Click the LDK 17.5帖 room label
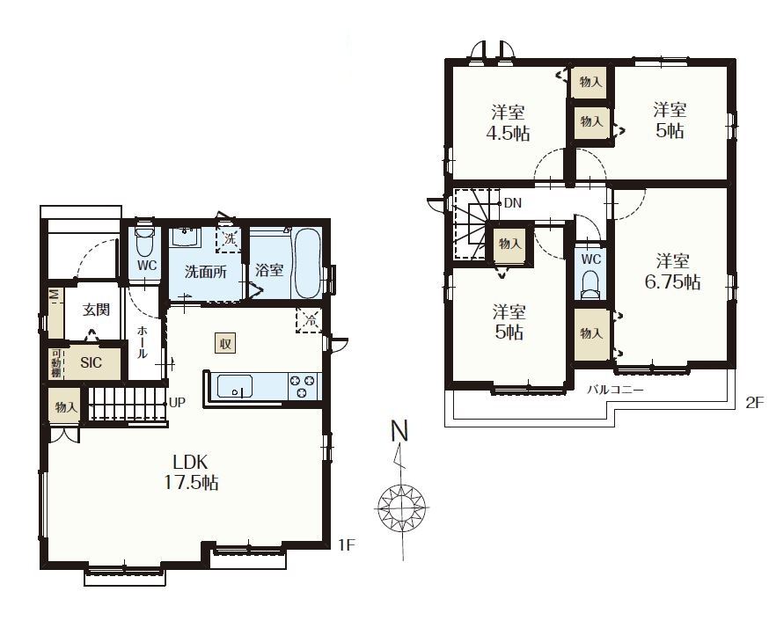coord(191,472)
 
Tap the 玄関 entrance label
coord(96,310)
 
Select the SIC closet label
coord(92,362)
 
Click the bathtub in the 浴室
coord(307,263)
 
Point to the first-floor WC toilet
coord(144,241)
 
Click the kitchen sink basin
coord(235,387)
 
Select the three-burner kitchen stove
coord(303,386)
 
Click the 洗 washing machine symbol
coord(229,240)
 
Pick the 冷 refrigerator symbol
coord(309,321)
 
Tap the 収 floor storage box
coord(225,343)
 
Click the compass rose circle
coord(402,508)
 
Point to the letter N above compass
coord(399,431)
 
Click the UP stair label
coord(177,403)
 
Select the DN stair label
coord(512,203)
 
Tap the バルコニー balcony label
coord(615,390)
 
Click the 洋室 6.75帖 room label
coord(672,272)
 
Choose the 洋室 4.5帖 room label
coord(509,122)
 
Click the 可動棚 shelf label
coord(56,363)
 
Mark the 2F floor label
coord(754,403)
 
